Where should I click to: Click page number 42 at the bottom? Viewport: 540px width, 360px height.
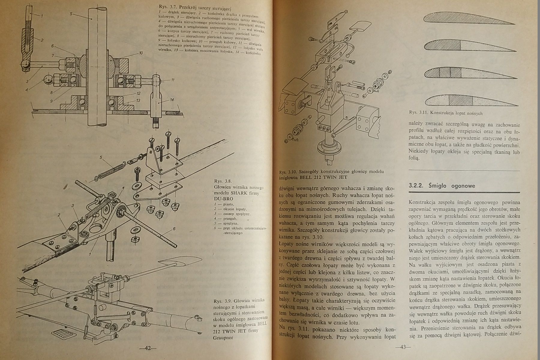pos(148,349)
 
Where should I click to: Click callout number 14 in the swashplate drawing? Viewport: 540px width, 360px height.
pos(172,100)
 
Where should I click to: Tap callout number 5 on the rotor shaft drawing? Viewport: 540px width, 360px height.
pos(71,14)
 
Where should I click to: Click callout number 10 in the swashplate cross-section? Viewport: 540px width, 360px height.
pos(141,53)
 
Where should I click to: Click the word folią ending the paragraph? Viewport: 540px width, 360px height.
pos(413,158)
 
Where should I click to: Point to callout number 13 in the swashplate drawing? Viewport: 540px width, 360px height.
pos(138,100)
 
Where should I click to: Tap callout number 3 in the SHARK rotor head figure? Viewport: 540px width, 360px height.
pos(73,205)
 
